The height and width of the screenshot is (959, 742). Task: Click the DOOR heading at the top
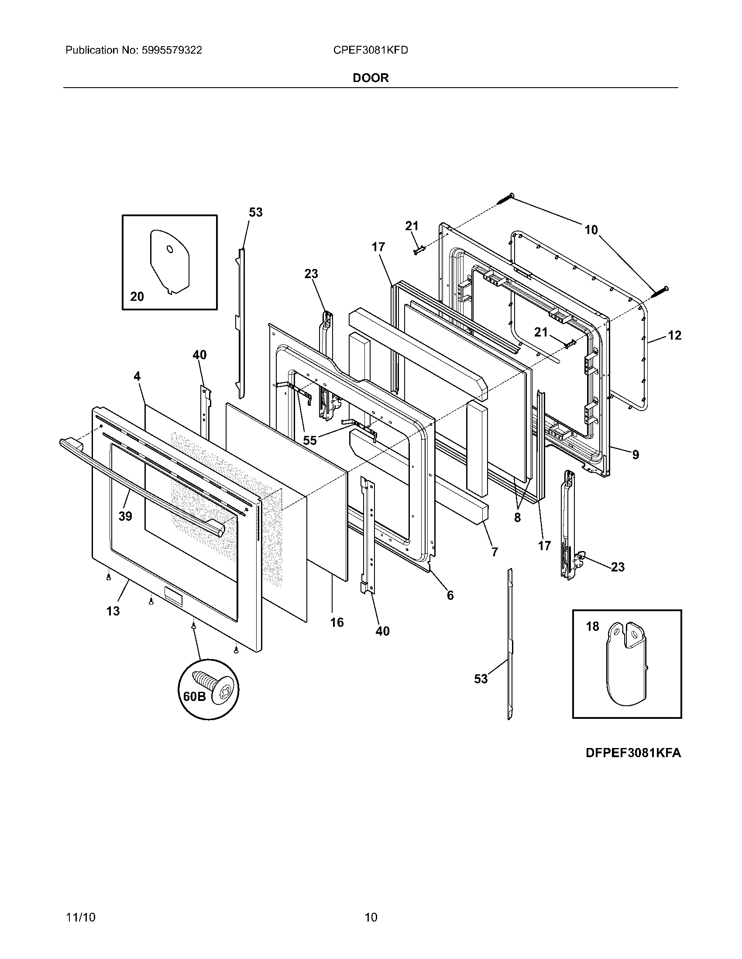click(371, 78)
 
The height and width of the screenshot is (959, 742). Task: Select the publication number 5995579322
click(172, 51)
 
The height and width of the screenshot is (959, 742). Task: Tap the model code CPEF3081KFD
click(371, 51)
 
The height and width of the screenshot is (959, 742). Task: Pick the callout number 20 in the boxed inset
click(137, 297)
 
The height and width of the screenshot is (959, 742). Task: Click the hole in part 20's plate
click(170, 249)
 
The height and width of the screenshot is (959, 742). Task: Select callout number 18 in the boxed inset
click(593, 626)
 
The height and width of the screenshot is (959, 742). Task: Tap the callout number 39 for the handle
click(125, 516)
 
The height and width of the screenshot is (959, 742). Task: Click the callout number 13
click(113, 611)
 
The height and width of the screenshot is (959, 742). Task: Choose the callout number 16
click(337, 622)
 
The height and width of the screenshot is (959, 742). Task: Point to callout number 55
click(310, 440)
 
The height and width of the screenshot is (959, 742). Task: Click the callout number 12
click(674, 336)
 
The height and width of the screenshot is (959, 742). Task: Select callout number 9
click(636, 455)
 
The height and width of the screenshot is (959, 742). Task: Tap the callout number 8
click(517, 518)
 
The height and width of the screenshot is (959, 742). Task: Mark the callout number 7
click(495, 552)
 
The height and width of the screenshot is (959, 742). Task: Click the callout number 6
click(450, 595)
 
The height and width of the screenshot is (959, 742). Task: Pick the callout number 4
click(137, 376)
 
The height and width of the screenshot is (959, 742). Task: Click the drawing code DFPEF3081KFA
click(633, 753)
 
